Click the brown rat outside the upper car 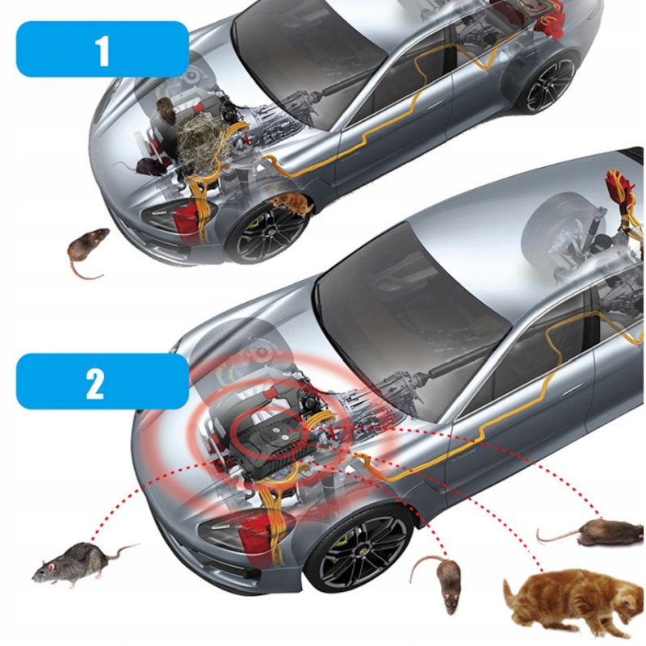(87, 251)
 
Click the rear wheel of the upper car (550, 84)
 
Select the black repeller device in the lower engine (268, 445)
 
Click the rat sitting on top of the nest (166, 111)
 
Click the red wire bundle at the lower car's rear (622, 191)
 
